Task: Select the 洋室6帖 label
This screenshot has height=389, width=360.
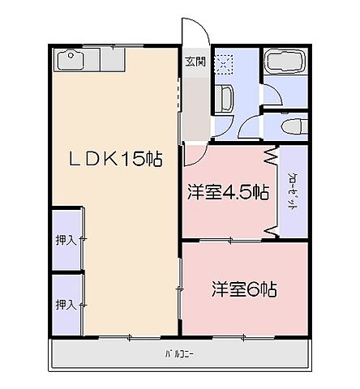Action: click(x=244, y=288)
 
